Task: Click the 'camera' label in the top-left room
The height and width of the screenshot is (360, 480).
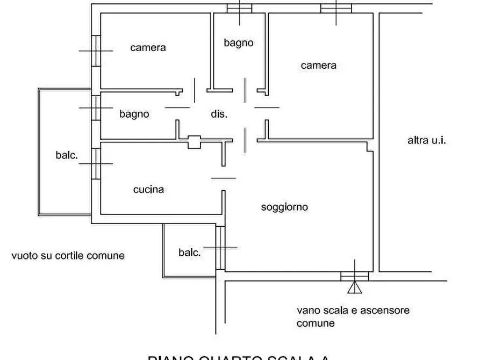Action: (x=148, y=48)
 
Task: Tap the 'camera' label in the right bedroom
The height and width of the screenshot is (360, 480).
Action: (x=318, y=66)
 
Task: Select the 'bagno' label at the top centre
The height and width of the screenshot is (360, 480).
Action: (x=238, y=43)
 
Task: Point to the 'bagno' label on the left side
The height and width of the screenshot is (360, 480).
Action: (x=134, y=114)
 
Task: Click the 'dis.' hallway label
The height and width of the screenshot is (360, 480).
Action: (x=218, y=114)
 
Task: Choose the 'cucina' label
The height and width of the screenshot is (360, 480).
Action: (x=148, y=190)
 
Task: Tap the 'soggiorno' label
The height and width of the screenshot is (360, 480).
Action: (x=284, y=207)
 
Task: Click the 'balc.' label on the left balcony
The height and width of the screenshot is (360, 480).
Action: (x=67, y=155)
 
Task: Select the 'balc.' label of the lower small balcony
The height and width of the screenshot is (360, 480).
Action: (x=189, y=253)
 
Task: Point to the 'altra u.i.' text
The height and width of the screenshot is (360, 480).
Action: (x=427, y=141)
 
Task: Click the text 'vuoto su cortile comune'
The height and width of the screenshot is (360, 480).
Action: (x=68, y=256)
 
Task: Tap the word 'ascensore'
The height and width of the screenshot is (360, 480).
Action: (x=384, y=311)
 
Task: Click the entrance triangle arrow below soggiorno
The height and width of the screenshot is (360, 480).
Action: (x=354, y=288)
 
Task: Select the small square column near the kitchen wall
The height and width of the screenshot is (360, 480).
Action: (x=194, y=142)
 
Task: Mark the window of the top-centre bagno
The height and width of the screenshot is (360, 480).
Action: (x=239, y=8)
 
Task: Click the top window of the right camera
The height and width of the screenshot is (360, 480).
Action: (x=336, y=8)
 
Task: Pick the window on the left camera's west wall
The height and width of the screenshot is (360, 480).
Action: (x=96, y=51)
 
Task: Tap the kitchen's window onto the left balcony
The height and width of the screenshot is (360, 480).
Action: (x=96, y=163)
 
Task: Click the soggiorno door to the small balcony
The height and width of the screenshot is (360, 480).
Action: (x=220, y=248)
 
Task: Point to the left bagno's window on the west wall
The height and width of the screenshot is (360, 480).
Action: (x=96, y=108)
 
